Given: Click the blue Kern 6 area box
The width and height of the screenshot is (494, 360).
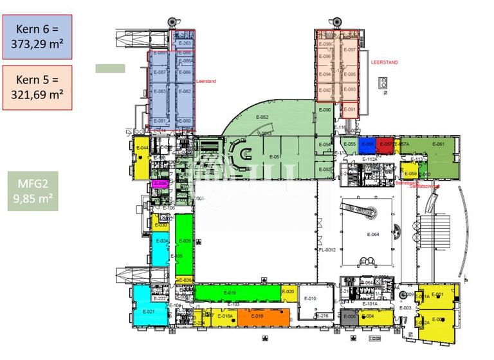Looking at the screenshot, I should click(37, 37).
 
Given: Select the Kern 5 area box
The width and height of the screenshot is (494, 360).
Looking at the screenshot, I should click(37, 87).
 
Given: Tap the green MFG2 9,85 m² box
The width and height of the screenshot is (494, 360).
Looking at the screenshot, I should click(37, 191).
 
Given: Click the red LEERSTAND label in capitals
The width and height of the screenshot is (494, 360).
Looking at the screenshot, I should click(385, 62).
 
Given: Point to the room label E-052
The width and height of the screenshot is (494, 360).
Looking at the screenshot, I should click(262, 118).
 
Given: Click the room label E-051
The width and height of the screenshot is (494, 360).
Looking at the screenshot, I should click(275, 156).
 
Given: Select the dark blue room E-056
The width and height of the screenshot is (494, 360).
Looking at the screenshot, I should click(367, 145).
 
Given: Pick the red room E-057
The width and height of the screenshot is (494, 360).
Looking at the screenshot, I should click(385, 145).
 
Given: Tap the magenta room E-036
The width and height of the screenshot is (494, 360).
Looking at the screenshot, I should click(161, 184).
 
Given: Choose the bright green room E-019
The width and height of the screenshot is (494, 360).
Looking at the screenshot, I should click(230, 293).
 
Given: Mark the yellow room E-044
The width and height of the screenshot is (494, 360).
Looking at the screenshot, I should click(142, 156).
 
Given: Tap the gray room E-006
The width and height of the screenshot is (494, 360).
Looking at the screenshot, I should click(349, 317).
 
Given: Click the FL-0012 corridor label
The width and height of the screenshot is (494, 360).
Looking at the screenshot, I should click(327, 249).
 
